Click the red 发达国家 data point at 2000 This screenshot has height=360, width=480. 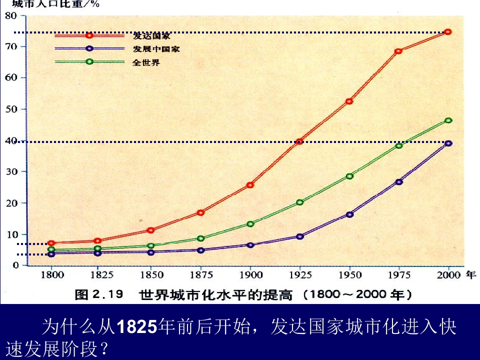(448, 32)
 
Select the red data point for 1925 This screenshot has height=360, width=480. (299, 141)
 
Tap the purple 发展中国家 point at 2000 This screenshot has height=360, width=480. (448, 143)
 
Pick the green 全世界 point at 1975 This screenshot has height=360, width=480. (398, 145)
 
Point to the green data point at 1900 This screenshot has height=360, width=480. (250, 224)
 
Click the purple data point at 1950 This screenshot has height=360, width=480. (349, 214)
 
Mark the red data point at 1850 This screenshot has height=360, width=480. (150, 230)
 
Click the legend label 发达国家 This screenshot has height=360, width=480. (151, 35)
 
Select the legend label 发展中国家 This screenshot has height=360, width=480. (156, 49)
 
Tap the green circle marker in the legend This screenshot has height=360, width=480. (89, 62)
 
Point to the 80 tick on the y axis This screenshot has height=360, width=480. (11, 15)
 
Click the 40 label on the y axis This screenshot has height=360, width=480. (11, 140)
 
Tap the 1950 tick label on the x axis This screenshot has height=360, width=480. (349, 274)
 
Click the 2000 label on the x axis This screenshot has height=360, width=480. (448, 274)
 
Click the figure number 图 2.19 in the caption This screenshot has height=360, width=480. (99, 294)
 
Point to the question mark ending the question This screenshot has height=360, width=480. (104, 348)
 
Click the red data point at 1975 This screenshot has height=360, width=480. (398, 51)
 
